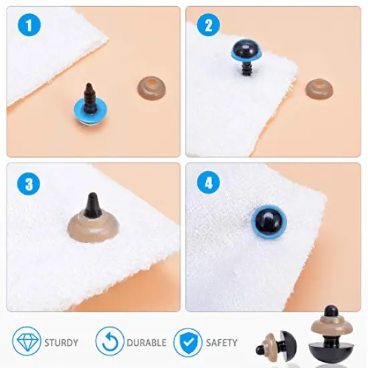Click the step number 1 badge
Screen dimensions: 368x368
click(x=29, y=26)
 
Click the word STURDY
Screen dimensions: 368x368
click(x=62, y=343)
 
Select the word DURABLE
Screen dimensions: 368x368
click(x=145, y=343)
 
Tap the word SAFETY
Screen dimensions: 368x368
click(x=221, y=343)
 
